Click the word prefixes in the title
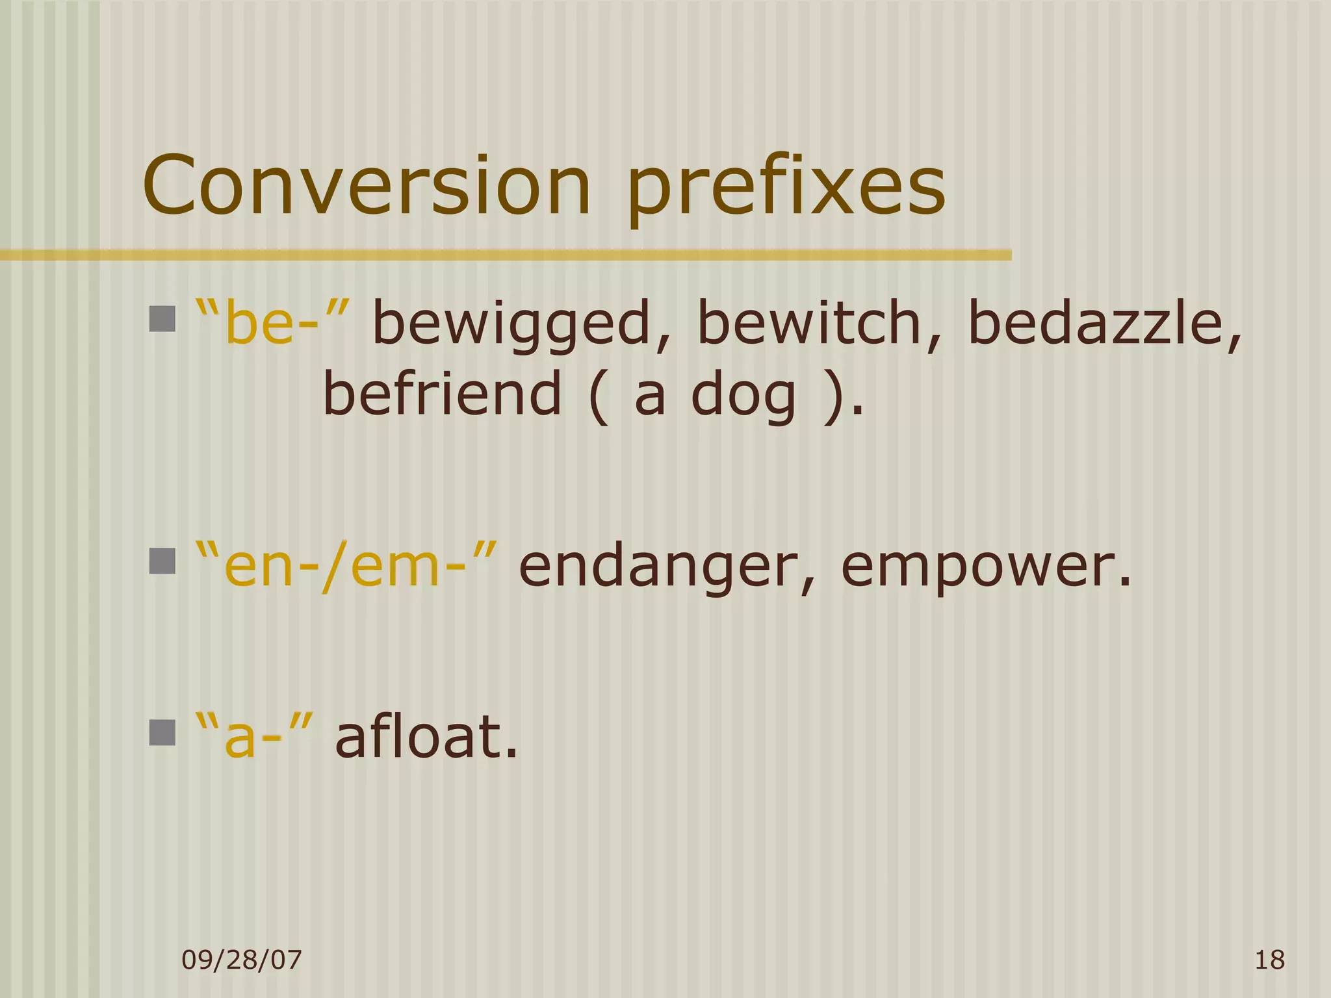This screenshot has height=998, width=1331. (786, 188)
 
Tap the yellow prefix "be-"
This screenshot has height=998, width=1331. (273, 322)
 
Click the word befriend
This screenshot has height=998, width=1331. (442, 394)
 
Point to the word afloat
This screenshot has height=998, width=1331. (426, 737)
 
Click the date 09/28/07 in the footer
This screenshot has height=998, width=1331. (242, 960)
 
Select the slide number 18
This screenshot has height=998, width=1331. (1269, 960)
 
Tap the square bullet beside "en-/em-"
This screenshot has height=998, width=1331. (162, 561)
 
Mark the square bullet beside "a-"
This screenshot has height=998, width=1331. (162, 732)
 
